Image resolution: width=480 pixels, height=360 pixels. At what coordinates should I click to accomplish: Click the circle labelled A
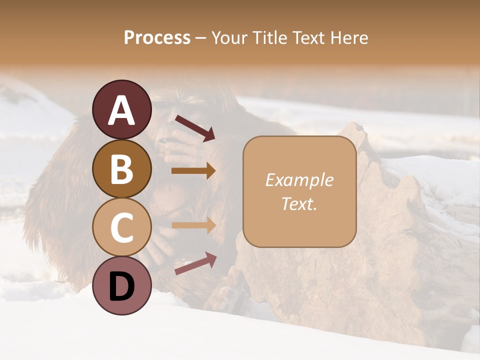122,109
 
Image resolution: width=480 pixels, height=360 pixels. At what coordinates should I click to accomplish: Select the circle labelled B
122,168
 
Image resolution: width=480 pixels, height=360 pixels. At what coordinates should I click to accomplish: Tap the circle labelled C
122,227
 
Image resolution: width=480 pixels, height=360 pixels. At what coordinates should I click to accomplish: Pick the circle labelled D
122,285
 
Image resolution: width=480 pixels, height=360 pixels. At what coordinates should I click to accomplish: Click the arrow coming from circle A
194,127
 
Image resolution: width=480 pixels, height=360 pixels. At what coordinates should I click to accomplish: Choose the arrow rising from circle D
195,263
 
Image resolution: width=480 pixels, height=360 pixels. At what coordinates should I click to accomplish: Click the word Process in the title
157,37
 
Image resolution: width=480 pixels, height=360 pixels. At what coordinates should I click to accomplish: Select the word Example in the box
299,180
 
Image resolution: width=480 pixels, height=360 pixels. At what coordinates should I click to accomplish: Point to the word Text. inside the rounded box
299,203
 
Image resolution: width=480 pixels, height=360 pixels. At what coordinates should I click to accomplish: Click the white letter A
122,110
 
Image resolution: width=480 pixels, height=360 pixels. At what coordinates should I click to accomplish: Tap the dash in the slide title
201,38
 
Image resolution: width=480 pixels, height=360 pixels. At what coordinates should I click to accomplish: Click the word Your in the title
229,37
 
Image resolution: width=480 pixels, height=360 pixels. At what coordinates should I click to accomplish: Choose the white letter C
122,227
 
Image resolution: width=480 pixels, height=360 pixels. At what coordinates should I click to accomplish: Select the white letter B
122,169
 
